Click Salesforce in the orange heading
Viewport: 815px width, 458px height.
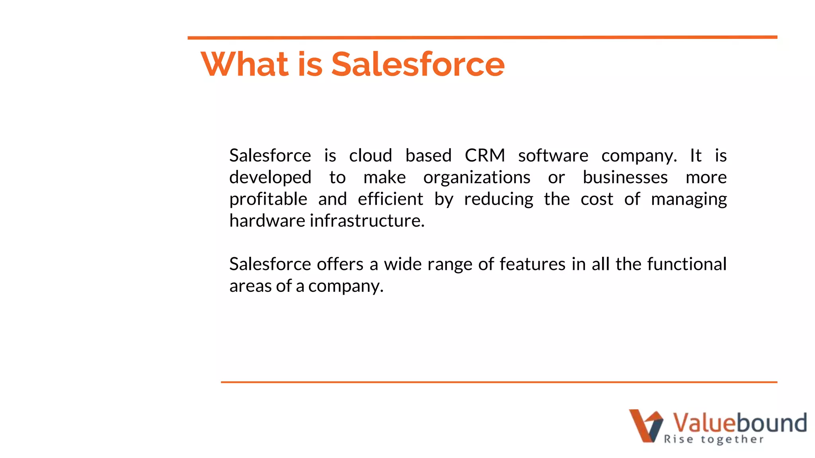pos(418,64)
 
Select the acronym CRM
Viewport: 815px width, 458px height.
pos(485,155)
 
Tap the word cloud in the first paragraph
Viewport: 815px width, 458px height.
pos(370,155)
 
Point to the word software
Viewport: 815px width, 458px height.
pos(553,155)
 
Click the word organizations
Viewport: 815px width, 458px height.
pos(477,177)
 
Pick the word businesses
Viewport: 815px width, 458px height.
pos(625,177)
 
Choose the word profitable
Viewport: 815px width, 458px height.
pos(268,199)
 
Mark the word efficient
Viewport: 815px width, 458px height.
pos(390,199)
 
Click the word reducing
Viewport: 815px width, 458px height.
pos(499,199)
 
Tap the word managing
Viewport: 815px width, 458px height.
pos(689,199)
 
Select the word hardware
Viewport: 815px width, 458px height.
pos(267,221)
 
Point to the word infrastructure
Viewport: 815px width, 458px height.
pos(367,221)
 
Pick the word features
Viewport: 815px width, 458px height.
pos(532,264)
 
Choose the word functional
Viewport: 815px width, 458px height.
pos(687,264)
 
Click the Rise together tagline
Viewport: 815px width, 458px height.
pos(714,439)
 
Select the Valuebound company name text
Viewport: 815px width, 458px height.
pos(739,423)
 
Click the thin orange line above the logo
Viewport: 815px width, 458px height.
pos(499,382)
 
